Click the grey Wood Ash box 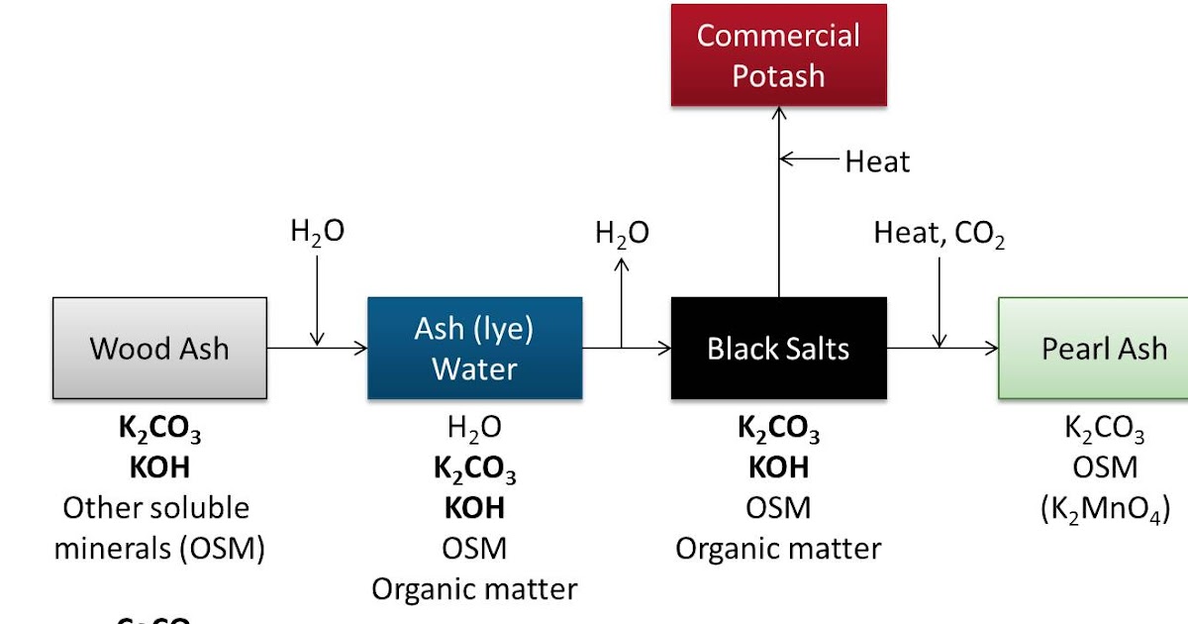[159, 348]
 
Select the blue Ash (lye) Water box [474, 348]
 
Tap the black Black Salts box [778, 348]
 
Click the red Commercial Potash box [778, 54]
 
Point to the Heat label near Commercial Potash [877, 160]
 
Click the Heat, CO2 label [939, 235]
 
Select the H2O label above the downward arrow [317, 233]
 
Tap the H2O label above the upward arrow [622, 234]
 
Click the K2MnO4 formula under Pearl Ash [1105, 510]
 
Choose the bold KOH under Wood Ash [158, 467]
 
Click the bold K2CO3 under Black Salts [778, 429]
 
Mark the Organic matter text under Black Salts [778, 548]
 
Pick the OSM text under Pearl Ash [1105, 467]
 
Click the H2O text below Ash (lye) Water [474, 429]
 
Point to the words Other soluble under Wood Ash [156, 507]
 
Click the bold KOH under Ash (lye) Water [474, 507]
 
